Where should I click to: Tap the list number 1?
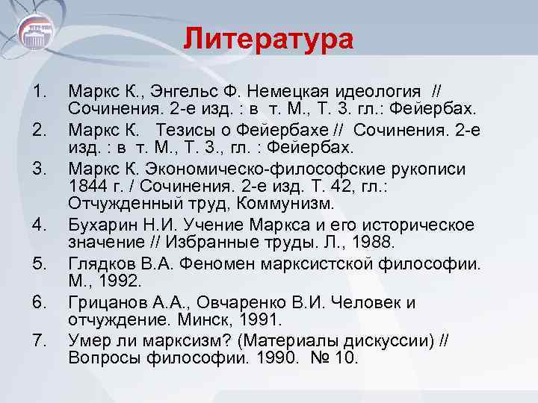[41, 92]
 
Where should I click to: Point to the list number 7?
[41, 341]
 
